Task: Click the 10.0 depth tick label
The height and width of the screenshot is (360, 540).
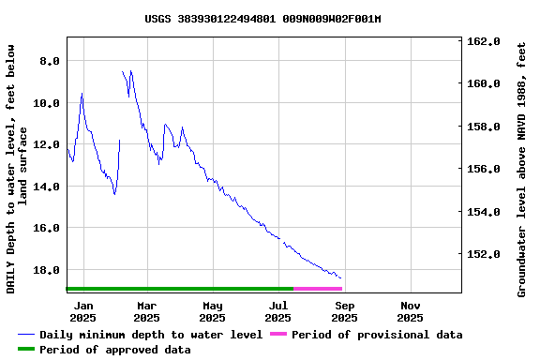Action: coord(46,102)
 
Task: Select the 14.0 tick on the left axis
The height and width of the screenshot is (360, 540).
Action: coord(46,186)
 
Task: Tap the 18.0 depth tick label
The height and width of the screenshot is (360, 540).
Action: coord(46,269)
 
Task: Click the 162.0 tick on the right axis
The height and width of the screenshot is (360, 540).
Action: coord(485,41)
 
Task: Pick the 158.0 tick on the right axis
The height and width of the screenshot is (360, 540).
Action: coord(485,127)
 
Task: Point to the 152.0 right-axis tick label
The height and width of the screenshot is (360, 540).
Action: coord(485,253)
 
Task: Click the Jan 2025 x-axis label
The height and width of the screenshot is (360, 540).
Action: coord(83,311)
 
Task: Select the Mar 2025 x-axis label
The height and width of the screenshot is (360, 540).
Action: coord(146,311)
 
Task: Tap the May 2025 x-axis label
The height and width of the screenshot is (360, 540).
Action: coord(213,311)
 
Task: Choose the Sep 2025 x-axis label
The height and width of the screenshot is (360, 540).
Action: coord(345,311)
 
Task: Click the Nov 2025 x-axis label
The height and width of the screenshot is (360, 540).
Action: coord(411,311)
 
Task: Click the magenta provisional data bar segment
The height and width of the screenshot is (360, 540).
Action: coord(318,288)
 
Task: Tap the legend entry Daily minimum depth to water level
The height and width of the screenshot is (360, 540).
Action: coord(150,335)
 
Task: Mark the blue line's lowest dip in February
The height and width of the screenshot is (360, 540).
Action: coord(114,194)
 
